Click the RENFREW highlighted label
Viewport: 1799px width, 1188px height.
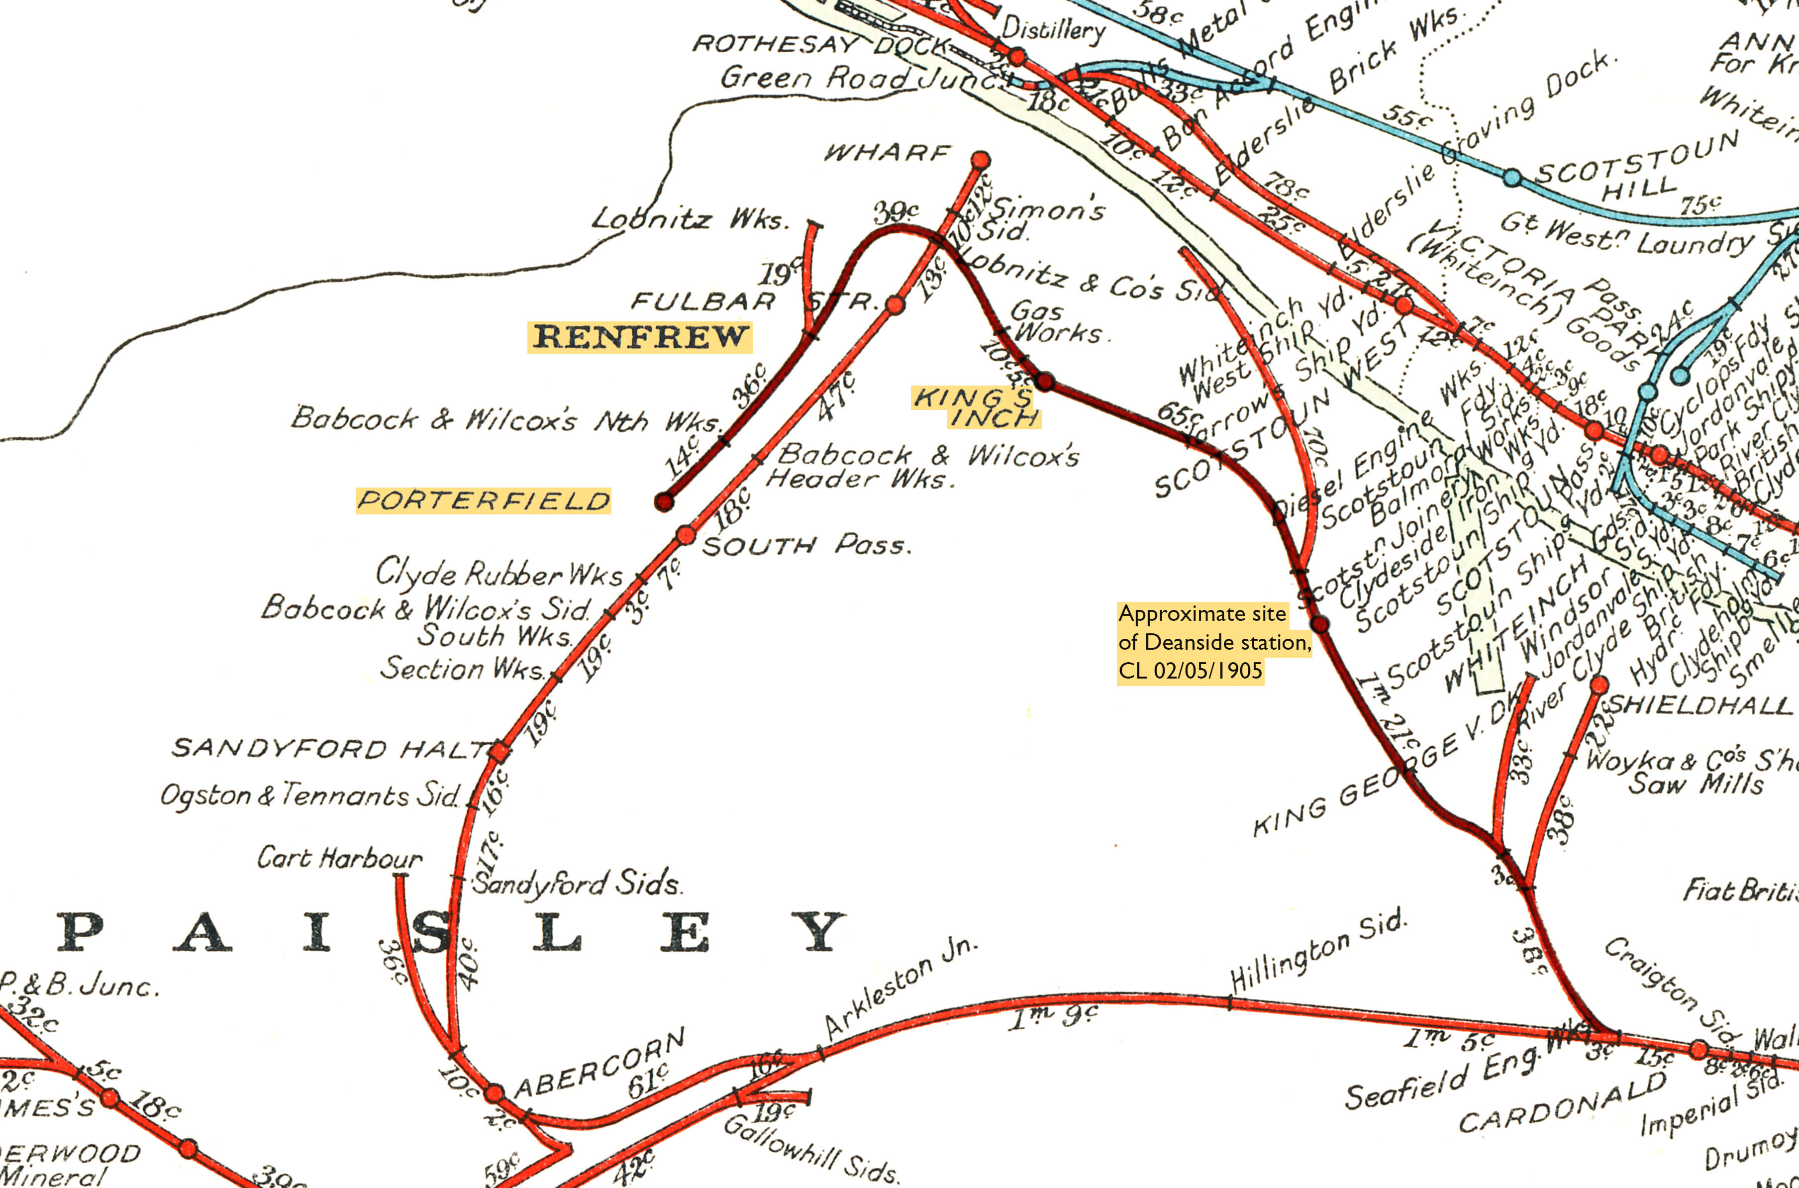[640, 336]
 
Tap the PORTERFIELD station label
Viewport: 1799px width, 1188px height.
[483, 501]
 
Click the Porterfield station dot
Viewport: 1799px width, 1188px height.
[664, 501]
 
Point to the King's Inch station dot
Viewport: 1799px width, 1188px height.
[1045, 381]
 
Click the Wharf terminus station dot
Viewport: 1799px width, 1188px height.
[980, 160]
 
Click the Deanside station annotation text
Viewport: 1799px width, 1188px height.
[1214, 642]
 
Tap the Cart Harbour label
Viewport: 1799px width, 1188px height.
[339, 859]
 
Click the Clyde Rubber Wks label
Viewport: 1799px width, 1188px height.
[499, 574]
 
